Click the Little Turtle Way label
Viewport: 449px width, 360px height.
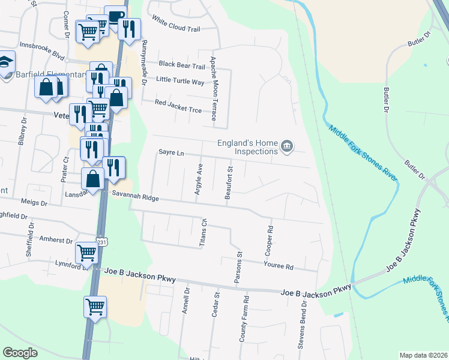(x=180, y=80)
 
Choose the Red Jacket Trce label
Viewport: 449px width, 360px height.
(x=178, y=103)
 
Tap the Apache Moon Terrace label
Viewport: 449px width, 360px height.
(x=213, y=89)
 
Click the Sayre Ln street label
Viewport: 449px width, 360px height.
(x=171, y=153)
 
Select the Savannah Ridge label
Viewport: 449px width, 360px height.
(x=134, y=197)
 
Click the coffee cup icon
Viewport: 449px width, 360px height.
(x=115, y=17)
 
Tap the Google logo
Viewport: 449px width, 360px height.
(x=20, y=353)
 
